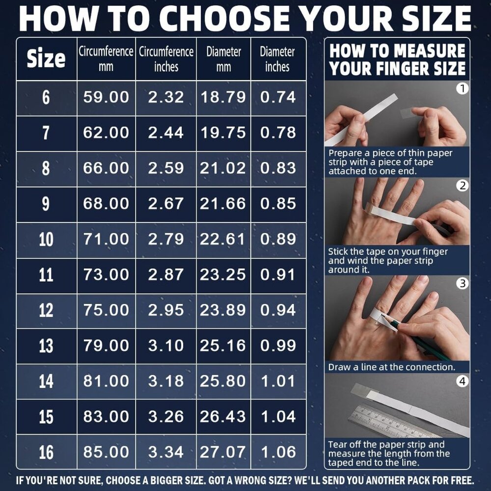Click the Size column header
(x=46, y=58)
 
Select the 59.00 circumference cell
(x=106, y=97)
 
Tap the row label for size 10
(x=46, y=240)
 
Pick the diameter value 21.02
(x=223, y=168)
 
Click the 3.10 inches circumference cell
(x=166, y=346)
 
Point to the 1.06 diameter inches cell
(x=278, y=452)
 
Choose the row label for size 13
(x=46, y=346)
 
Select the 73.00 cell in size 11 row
(x=106, y=274)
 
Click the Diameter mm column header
(x=223, y=59)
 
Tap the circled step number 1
(x=462, y=88)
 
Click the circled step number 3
(x=463, y=283)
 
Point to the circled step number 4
(x=463, y=382)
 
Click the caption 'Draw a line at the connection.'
(x=391, y=367)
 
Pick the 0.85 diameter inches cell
(x=278, y=204)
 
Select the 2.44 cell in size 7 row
(x=166, y=133)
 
